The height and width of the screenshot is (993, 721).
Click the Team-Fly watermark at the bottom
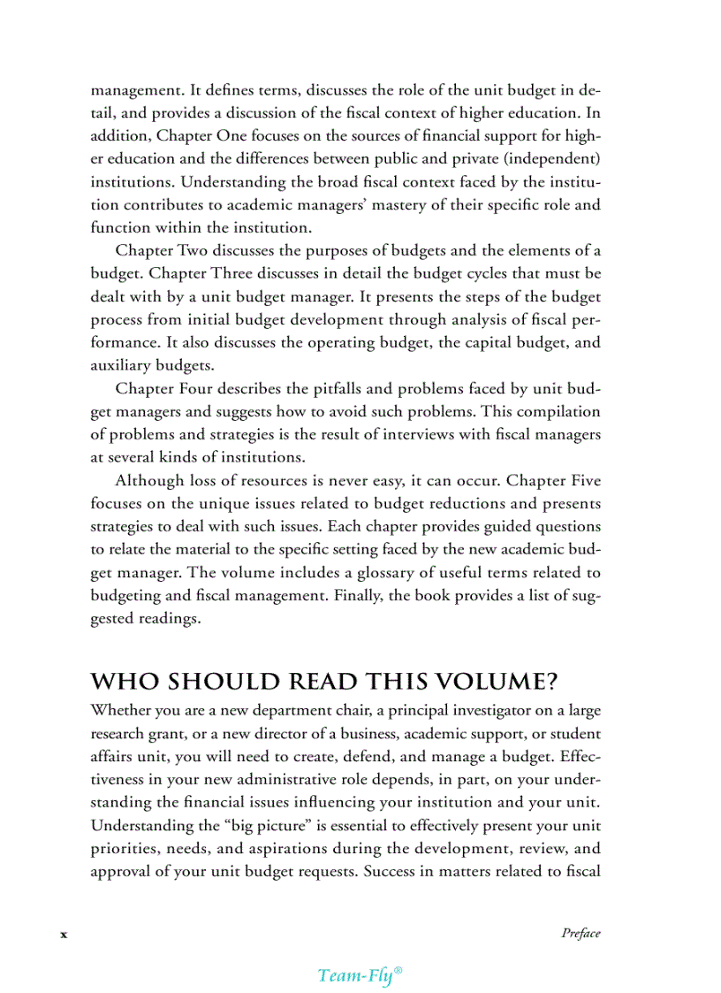tap(360, 975)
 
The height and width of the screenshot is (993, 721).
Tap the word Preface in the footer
tap(581, 934)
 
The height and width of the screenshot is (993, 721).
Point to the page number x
tap(63, 935)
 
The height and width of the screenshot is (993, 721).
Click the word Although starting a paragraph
tap(149, 480)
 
